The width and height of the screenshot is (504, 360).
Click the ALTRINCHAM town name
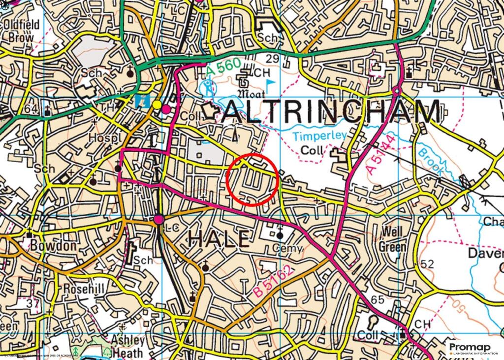click(x=331, y=113)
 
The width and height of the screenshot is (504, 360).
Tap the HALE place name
click(x=219, y=239)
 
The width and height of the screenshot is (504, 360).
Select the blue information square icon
click(x=142, y=102)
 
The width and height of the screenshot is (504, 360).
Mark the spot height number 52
click(x=427, y=264)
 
